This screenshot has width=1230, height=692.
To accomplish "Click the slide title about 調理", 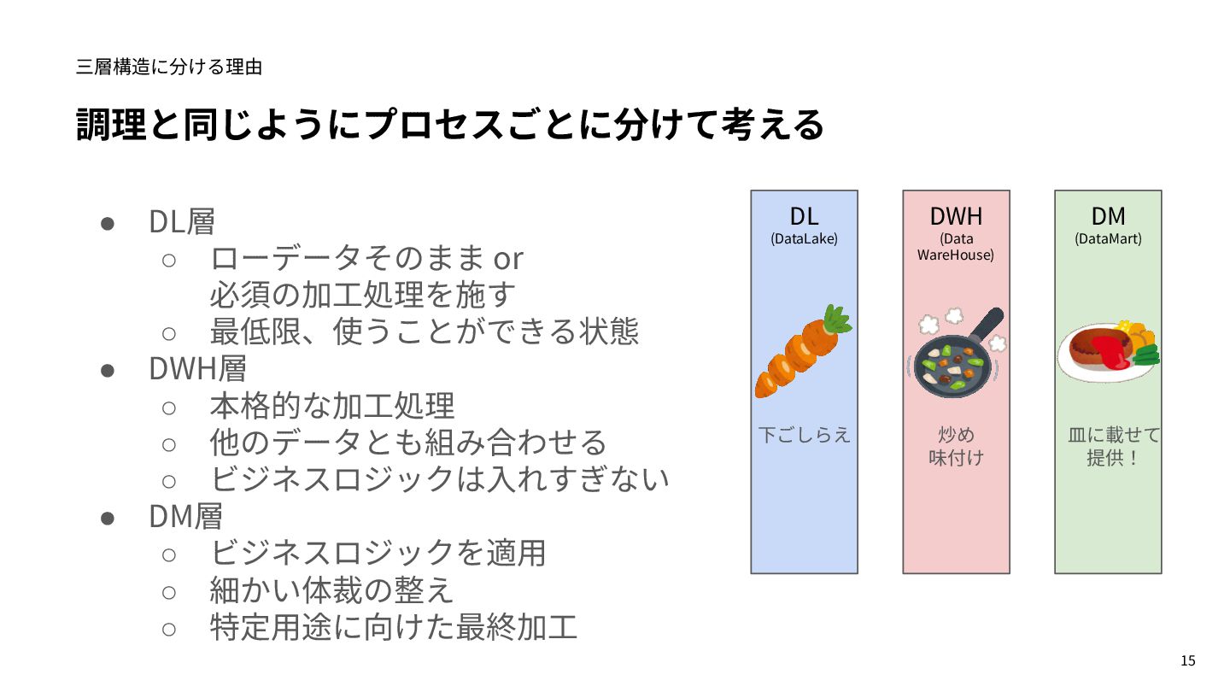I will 450,125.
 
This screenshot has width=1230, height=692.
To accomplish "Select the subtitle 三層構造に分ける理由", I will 169,67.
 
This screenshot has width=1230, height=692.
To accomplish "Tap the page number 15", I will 1187,660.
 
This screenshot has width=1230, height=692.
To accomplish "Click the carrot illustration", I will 803,351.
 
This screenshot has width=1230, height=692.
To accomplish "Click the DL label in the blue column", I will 804,216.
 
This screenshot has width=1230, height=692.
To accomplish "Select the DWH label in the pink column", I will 956,216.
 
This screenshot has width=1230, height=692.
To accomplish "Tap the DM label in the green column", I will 1108,216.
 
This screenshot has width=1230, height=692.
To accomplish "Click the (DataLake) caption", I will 804,239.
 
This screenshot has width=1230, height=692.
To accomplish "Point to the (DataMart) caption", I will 1108,239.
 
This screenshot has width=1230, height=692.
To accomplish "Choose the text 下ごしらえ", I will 805,435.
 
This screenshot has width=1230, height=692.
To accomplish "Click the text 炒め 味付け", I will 956,446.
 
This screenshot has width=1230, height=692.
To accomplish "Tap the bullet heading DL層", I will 182,222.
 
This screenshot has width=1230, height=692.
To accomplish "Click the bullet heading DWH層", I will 197,369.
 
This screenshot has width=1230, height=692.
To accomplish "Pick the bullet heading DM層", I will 185,516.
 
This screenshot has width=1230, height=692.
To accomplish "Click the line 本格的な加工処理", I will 332,406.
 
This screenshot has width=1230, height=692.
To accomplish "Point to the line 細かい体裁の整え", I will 331,590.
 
